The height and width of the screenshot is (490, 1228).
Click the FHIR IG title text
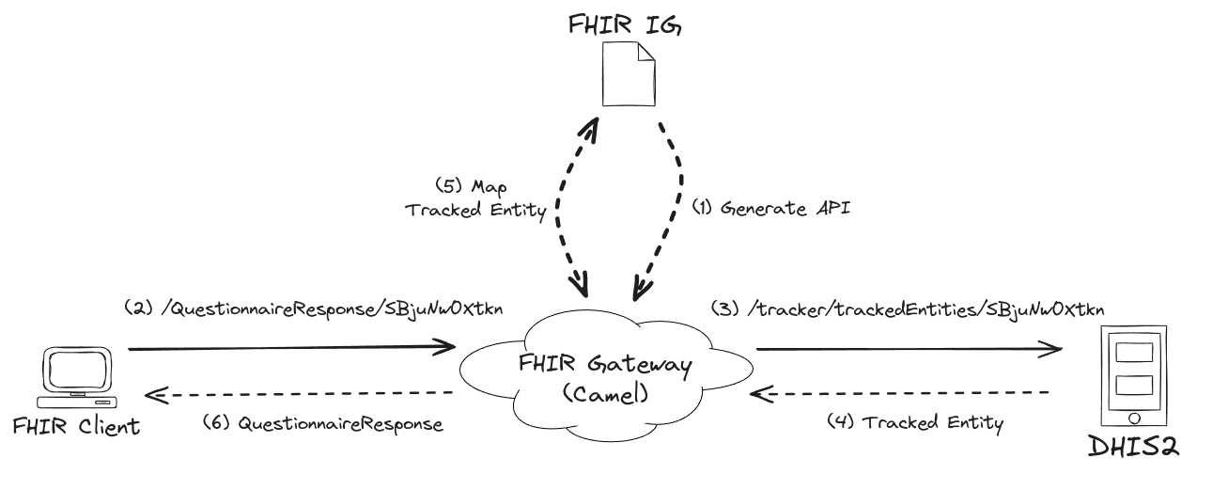(x=623, y=25)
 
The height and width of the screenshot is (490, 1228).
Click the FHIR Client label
(x=76, y=427)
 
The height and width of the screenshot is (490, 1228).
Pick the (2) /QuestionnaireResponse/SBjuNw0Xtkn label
(x=312, y=308)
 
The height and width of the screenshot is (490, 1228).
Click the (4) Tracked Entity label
(x=914, y=422)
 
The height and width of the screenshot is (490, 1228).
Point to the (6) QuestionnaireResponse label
(x=322, y=424)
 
